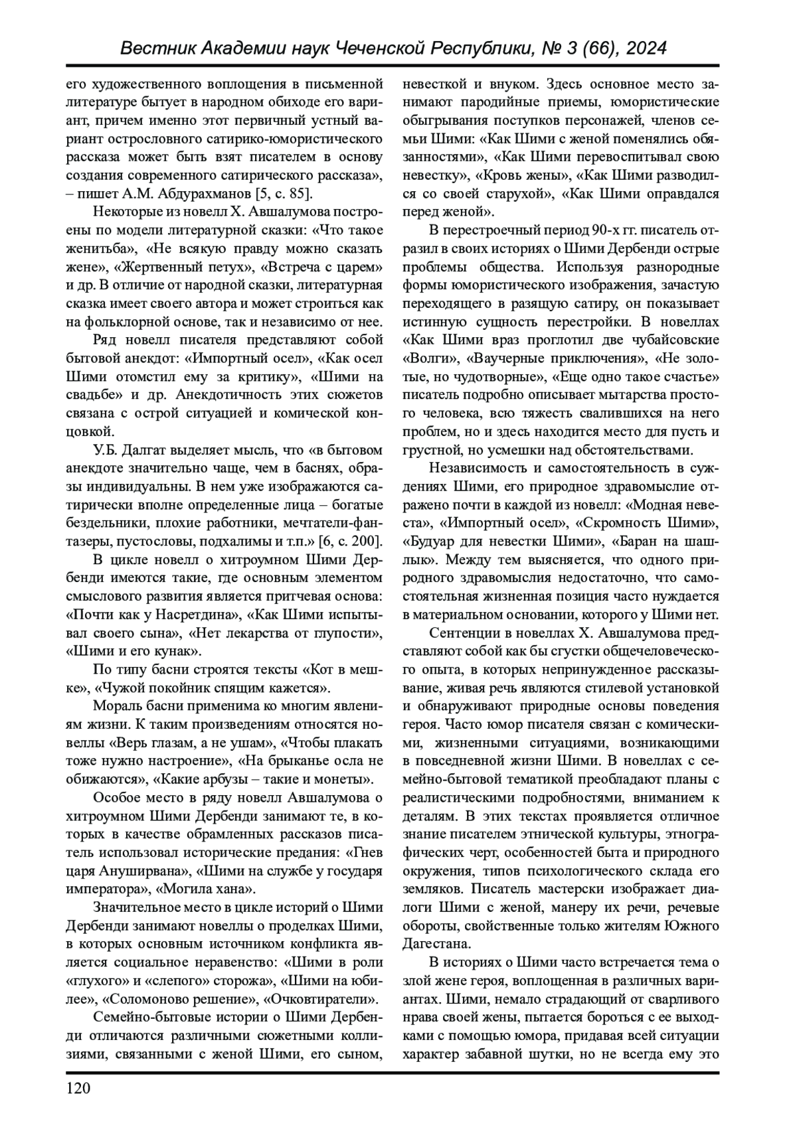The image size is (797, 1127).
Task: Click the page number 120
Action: point(78,1087)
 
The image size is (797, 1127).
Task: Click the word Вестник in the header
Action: point(154,48)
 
